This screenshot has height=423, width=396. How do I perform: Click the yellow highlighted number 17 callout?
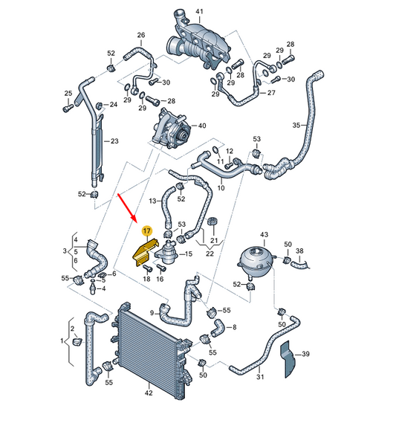click(x=146, y=232)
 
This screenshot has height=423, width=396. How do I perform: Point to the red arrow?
click(x=127, y=207)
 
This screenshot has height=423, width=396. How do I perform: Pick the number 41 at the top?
click(x=198, y=11)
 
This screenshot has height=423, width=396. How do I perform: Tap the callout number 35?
click(x=296, y=126)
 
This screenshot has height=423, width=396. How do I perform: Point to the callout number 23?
click(x=114, y=141)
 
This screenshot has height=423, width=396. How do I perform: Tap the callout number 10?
click(x=220, y=189)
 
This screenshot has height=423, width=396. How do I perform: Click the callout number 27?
click(x=271, y=93)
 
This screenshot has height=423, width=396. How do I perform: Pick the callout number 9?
click(x=152, y=312)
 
